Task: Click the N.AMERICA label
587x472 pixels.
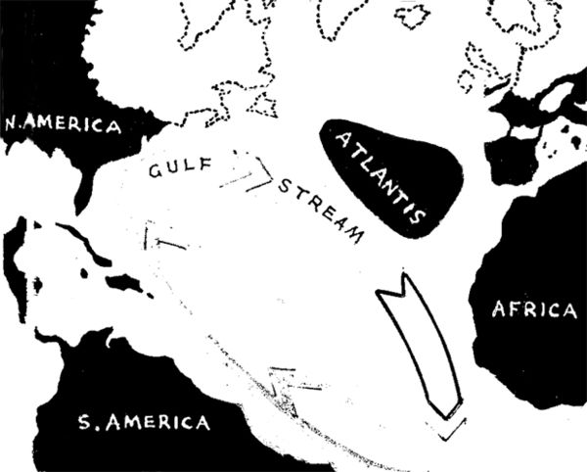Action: (63, 126)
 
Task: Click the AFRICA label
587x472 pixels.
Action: (532, 309)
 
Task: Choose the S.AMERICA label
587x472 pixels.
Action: (143, 423)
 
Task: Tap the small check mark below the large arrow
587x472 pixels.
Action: (453, 428)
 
